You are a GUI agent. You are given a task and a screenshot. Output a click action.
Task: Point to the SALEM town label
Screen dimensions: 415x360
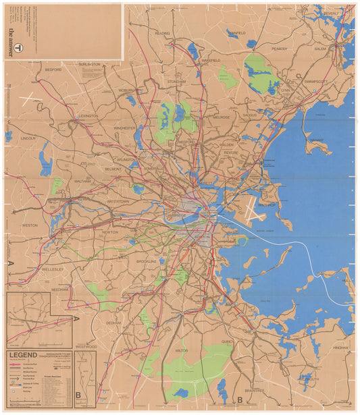coord(319,49)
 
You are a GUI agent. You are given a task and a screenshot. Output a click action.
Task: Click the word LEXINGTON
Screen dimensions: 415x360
coord(87,116)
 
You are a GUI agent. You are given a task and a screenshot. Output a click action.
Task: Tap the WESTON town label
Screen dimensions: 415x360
coord(30,225)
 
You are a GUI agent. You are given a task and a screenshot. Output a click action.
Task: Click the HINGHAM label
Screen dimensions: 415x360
coord(340,348)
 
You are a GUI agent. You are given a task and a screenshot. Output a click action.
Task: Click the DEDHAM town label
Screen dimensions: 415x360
coord(113,323)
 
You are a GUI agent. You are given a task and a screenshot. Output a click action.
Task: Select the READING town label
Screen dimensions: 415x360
coord(162,33)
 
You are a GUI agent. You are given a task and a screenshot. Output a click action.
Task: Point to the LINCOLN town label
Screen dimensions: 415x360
coord(28,138)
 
